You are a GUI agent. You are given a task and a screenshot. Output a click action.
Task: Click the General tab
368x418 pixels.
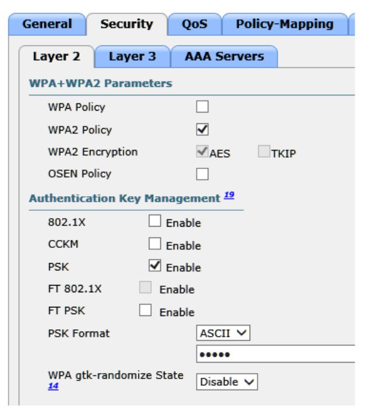47,24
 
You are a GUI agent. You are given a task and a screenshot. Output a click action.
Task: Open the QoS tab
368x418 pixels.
194,24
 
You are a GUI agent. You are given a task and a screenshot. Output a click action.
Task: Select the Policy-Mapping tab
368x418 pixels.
285,24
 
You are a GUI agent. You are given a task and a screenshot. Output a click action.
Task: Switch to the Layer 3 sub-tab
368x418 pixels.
132,57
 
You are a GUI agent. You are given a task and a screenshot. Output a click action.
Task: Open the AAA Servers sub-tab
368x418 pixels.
224,57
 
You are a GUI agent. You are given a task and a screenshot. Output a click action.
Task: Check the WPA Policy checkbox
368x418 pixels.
202,107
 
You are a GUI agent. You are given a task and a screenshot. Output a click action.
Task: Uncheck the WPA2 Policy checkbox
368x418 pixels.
202,129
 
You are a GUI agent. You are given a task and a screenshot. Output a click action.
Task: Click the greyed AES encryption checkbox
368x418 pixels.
202,151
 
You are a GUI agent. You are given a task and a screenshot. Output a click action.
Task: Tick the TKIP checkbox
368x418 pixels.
264,151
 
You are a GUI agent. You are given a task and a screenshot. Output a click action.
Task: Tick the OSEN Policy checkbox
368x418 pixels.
202,174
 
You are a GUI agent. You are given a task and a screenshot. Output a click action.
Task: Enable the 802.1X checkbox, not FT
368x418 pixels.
155,221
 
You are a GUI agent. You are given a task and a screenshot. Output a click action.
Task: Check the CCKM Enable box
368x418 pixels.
155,244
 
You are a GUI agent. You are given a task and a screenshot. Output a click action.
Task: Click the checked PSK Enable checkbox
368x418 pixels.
155,266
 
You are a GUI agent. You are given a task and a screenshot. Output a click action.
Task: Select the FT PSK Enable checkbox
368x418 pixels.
145,310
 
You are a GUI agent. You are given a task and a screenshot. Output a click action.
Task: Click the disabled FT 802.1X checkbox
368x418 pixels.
145,287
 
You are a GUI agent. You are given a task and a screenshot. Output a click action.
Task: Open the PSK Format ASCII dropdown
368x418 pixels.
223,333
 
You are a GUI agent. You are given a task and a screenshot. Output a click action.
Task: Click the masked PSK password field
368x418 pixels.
276,354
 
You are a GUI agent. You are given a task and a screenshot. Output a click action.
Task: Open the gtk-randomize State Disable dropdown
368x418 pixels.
227,382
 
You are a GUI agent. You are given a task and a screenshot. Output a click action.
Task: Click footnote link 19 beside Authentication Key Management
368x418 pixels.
229,195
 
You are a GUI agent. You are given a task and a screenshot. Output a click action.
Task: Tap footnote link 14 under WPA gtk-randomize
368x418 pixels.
53,386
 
